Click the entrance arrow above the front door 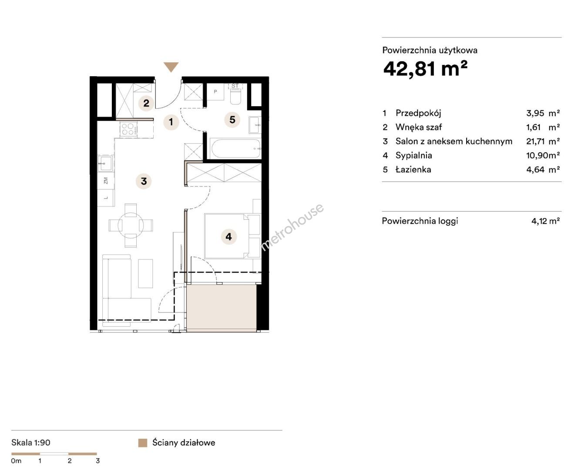click(171, 67)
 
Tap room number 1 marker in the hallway click(171, 122)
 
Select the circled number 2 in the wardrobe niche click(146, 103)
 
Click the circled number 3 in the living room click(144, 181)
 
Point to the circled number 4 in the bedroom click(228, 237)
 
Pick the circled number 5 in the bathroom click(232, 120)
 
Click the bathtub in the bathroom click(236, 148)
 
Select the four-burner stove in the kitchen click(128, 129)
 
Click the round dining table click(131, 225)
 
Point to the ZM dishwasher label click(106, 181)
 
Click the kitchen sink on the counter click(105, 164)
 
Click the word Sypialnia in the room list click(413, 155)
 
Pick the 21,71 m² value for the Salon click(543, 141)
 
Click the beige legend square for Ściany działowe click(143, 443)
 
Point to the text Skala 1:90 click(31, 443)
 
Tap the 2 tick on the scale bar click(69, 461)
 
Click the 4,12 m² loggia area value click(545, 221)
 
